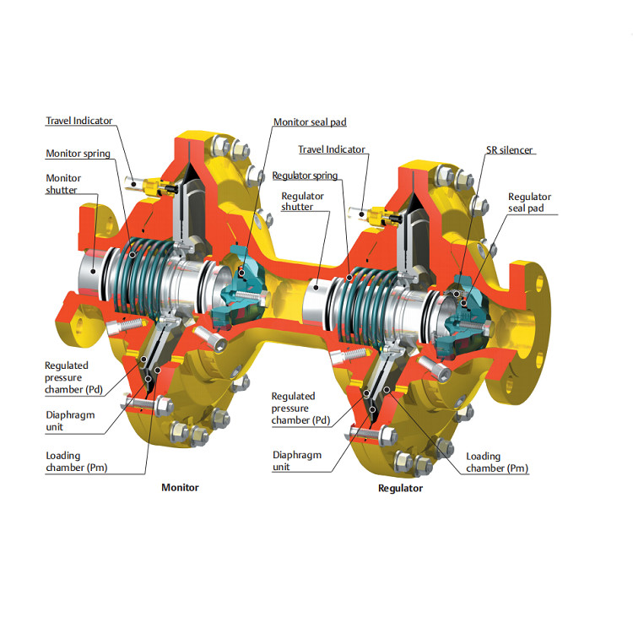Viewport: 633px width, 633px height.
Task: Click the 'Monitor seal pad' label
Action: coord(310,122)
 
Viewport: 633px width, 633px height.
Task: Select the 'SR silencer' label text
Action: coord(509,150)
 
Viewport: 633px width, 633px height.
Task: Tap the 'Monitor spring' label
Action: coord(78,154)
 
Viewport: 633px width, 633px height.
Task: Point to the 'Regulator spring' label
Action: coord(305,176)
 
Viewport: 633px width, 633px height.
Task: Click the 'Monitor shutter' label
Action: coord(63,184)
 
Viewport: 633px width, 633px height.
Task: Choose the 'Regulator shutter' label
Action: coord(302,202)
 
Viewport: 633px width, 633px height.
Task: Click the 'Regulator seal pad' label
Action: coord(529,203)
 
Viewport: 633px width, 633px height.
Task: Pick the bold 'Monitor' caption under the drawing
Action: coord(180,488)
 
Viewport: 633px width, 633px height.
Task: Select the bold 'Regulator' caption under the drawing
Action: coord(400,489)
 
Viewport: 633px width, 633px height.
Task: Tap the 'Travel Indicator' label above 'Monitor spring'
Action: coord(79,121)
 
